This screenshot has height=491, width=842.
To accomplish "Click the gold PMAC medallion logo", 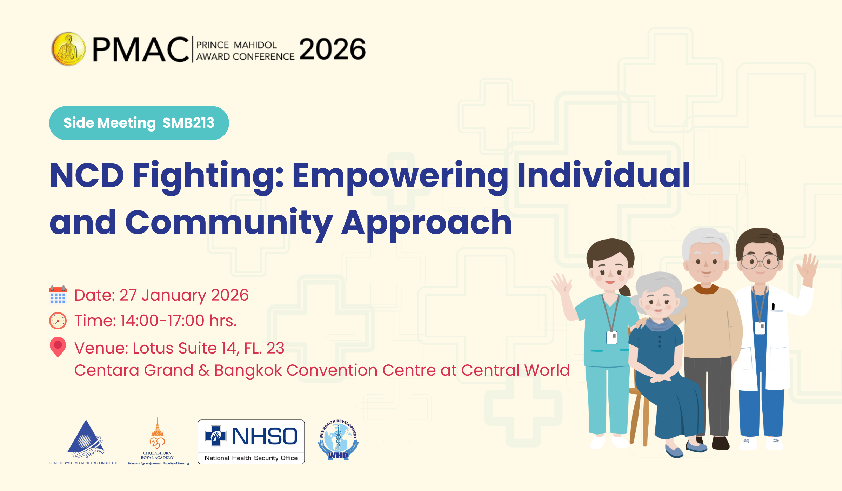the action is (68, 49).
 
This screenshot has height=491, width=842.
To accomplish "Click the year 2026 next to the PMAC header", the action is (332, 49).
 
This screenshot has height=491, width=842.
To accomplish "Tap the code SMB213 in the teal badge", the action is (188, 123).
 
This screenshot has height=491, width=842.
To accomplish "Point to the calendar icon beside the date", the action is (58, 295).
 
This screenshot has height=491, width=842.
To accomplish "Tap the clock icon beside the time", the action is (58, 321).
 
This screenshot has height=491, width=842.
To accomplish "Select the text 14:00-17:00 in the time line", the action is (162, 321).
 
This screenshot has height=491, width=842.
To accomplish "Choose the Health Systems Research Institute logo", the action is (84, 442).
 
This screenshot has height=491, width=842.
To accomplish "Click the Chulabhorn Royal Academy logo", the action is (158, 441).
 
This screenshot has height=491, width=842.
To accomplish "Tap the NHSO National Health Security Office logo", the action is (251, 442).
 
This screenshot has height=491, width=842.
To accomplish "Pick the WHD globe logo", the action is (338, 439).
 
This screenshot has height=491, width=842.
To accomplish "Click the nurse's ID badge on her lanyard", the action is (612, 338).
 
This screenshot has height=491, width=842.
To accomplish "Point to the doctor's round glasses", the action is (760, 262).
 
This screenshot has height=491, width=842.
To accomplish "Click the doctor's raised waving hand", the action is (807, 268).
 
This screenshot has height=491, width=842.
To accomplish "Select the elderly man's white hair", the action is (705, 242).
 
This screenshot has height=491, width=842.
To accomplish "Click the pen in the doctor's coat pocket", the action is (773, 307).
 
